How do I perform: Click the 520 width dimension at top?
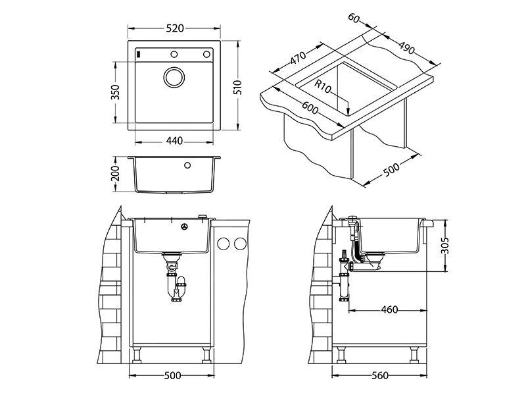click(x=174, y=29)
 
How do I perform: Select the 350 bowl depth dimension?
click(x=116, y=92)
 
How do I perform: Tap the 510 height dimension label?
click(x=239, y=87)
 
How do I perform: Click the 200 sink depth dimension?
click(x=116, y=174)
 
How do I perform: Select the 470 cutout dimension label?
click(x=298, y=57)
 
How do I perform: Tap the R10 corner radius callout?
click(x=322, y=85)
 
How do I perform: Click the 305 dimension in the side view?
click(x=445, y=246)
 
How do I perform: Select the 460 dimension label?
click(x=389, y=310)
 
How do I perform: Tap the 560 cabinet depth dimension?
click(x=379, y=375)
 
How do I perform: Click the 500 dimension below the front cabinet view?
click(x=172, y=375)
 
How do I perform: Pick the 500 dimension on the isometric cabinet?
click(x=391, y=170)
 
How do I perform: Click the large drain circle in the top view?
click(x=175, y=77)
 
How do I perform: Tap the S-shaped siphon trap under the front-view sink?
click(x=176, y=284)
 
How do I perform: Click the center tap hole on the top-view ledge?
click(x=175, y=54)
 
